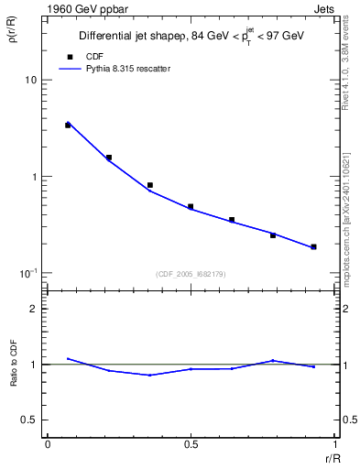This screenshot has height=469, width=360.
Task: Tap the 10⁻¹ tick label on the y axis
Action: [x=28, y=273]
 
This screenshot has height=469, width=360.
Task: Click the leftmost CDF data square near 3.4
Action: [x=68, y=125]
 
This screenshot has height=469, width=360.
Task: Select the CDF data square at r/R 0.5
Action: [x=191, y=207]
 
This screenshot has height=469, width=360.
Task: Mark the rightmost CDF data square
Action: [x=313, y=246]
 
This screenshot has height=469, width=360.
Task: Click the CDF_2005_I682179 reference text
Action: [x=191, y=274]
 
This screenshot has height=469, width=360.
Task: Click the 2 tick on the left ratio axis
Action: [x=34, y=309]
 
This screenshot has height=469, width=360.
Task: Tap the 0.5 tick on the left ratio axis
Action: [x=29, y=420]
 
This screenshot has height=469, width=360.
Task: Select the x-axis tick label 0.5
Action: [x=191, y=443]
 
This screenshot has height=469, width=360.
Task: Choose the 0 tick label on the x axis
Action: [x=47, y=443]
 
